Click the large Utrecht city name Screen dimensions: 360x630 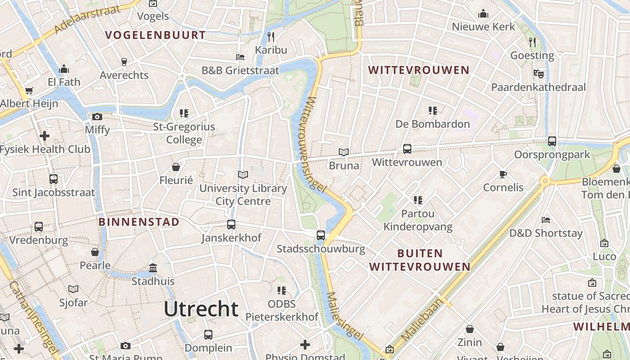click(x=201, y=309)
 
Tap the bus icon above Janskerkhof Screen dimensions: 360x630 click(x=231, y=225)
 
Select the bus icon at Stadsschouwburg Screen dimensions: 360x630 click(x=321, y=235)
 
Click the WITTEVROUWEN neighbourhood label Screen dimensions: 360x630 click(x=418, y=70)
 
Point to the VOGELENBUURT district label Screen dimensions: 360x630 click(x=155, y=35)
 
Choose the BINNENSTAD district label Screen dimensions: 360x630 click(x=139, y=222)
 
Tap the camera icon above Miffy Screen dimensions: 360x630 click(x=97, y=117)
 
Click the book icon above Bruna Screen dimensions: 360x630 click(x=344, y=153)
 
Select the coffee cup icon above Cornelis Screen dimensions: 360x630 click(x=503, y=174)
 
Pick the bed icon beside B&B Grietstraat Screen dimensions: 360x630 click(x=240, y=57)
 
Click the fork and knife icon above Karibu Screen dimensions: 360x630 click(x=270, y=36)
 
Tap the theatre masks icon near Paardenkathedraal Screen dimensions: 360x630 click(x=538, y=73)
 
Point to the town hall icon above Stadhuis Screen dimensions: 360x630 click(x=153, y=268)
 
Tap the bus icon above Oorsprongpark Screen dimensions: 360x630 click(x=552, y=141)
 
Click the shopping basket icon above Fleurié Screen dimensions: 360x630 click(x=176, y=167)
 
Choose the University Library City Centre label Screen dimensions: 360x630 click(x=243, y=194)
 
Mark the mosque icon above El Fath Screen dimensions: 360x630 click(x=64, y=69)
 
